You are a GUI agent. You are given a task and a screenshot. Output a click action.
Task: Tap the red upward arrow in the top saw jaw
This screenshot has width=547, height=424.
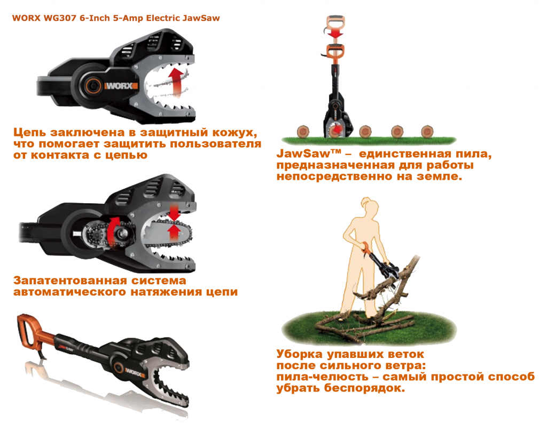[175, 79]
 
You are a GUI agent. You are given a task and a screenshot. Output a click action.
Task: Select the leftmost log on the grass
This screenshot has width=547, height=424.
[304, 131]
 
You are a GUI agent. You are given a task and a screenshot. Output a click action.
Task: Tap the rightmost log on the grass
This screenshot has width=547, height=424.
[427, 131]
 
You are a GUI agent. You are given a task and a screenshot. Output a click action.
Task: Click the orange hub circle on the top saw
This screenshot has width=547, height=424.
[91, 84]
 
